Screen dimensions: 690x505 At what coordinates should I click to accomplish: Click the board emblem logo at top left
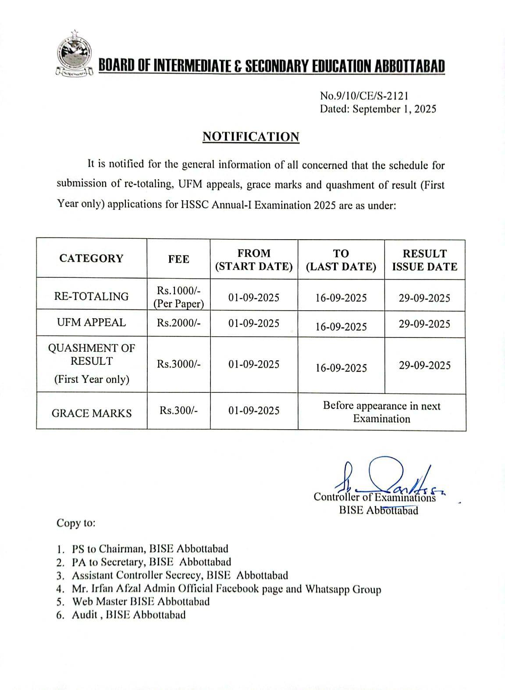(75, 54)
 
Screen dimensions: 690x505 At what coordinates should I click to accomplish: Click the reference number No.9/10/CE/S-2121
(364, 95)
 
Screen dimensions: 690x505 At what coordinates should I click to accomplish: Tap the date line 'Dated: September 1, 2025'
(377, 109)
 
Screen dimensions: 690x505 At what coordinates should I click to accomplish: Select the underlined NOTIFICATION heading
(251, 137)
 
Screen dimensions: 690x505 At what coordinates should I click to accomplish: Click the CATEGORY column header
(91, 258)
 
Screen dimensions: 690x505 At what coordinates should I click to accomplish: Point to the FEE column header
(178, 259)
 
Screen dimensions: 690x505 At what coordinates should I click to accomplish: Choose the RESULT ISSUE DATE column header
(424, 260)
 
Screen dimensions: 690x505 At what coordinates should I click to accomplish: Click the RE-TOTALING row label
(91, 296)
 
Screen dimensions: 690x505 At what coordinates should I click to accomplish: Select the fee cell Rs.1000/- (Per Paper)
(178, 297)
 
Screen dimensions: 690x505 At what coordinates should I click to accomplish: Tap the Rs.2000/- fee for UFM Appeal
(178, 323)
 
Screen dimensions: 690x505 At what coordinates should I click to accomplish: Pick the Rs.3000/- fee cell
(178, 364)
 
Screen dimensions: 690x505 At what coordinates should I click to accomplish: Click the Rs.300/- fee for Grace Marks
(178, 410)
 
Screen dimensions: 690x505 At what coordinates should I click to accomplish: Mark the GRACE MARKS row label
(91, 413)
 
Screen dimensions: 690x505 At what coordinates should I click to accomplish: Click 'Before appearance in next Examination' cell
(381, 412)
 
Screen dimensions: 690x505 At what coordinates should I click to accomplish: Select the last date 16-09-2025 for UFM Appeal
(341, 327)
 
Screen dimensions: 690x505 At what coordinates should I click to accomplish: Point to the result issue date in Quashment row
(424, 365)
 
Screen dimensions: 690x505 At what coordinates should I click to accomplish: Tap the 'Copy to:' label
(76, 523)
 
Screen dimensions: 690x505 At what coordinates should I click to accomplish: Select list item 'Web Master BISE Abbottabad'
(141, 601)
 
